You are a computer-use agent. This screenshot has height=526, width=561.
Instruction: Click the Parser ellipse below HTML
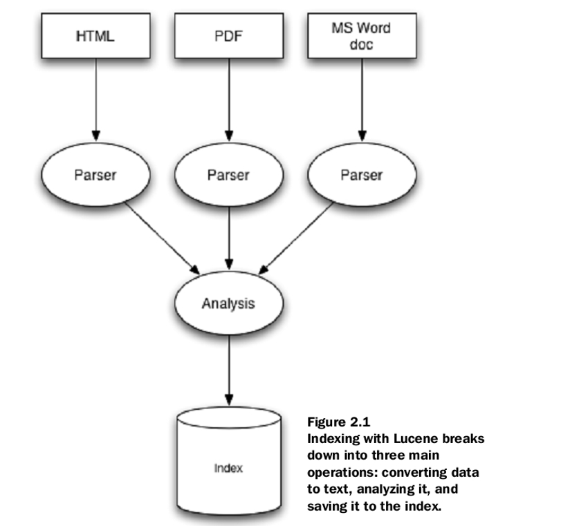(x=95, y=176)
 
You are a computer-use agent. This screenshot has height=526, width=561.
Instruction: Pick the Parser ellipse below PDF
(x=228, y=176)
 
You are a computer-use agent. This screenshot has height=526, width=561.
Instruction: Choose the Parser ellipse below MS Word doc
(x=360, y=176)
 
